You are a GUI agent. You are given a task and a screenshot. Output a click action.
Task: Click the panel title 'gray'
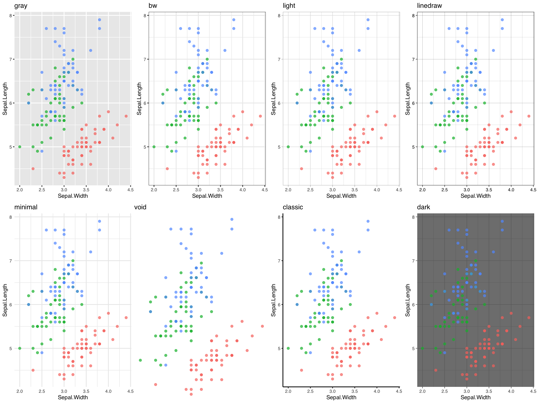click(21, 6)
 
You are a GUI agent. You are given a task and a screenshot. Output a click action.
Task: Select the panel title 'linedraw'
click(429, 6)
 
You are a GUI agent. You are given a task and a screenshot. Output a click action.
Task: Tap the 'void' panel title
click(140, 207)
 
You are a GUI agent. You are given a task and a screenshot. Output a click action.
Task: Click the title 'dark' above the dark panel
click(423, 207)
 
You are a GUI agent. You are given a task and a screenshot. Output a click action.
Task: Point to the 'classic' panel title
click(293, 207)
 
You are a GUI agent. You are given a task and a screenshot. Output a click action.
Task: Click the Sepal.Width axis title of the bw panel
click(207, 196)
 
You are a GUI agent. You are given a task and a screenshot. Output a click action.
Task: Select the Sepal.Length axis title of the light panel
click(273, 99)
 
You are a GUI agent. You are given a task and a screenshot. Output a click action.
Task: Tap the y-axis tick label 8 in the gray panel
click(10, 16)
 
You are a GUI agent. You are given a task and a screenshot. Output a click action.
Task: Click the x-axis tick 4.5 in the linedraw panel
click(533, 190)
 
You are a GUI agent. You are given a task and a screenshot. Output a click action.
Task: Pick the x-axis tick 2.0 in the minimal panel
click(20, 391)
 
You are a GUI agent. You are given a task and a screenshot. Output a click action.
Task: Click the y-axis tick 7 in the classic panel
click(279, 261)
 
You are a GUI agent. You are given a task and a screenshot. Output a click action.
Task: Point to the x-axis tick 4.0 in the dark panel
click(511, 391)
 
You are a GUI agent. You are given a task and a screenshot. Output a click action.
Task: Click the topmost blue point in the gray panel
click(99, 20)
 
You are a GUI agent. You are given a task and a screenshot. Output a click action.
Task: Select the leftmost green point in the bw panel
click(154, 147)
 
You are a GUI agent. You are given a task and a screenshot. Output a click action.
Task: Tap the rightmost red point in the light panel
click(394, 116)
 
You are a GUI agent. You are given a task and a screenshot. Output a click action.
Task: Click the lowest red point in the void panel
click(191, 394)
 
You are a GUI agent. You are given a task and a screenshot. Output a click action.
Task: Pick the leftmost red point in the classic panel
click(301, 370)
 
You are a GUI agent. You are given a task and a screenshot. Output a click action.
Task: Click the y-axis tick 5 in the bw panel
click(145, 147)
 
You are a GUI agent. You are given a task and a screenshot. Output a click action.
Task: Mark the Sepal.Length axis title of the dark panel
click(408, 300)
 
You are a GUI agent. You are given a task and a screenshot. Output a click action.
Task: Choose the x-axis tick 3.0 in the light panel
click(332, 190)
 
